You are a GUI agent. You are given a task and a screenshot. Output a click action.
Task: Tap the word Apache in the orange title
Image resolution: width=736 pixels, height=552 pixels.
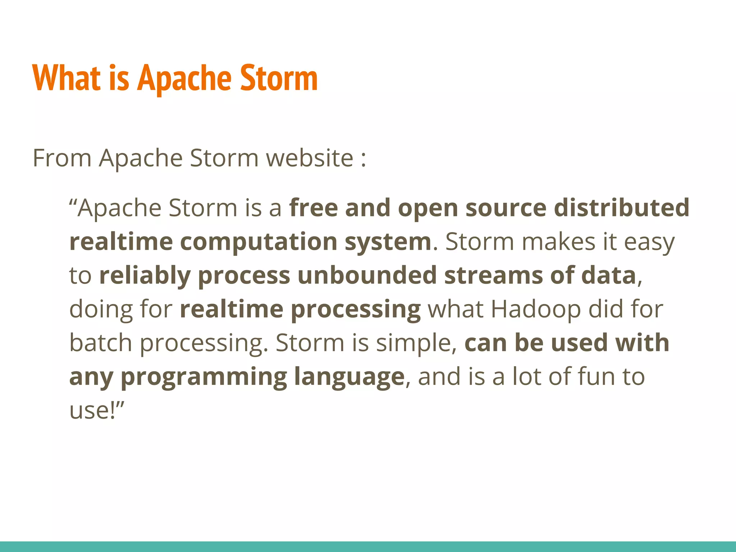click(x=185, y=78)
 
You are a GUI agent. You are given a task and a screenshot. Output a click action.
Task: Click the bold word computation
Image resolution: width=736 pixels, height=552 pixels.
click(x=258, y=241)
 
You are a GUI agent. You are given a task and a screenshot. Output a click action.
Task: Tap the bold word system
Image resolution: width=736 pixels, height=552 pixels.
click(x=388, y=242)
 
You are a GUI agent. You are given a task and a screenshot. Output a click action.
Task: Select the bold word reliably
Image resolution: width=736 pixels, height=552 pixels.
click(x=144, y=276)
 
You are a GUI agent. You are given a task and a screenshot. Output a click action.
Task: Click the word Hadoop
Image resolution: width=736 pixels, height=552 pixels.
click(x=535, y=309)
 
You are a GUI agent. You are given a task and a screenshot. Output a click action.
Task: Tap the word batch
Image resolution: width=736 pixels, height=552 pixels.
click(x=101, y=342)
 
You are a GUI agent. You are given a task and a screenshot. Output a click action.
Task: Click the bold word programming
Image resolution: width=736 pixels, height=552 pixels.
click(x=203, y=377)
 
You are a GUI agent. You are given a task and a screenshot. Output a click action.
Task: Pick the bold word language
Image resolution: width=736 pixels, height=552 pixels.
click(x=349, y=377)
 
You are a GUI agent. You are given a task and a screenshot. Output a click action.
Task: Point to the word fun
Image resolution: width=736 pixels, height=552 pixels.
click(x=592, y=376)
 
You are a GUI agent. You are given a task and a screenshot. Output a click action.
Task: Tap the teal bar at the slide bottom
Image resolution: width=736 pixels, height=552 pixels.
click(x=368, y=546)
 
